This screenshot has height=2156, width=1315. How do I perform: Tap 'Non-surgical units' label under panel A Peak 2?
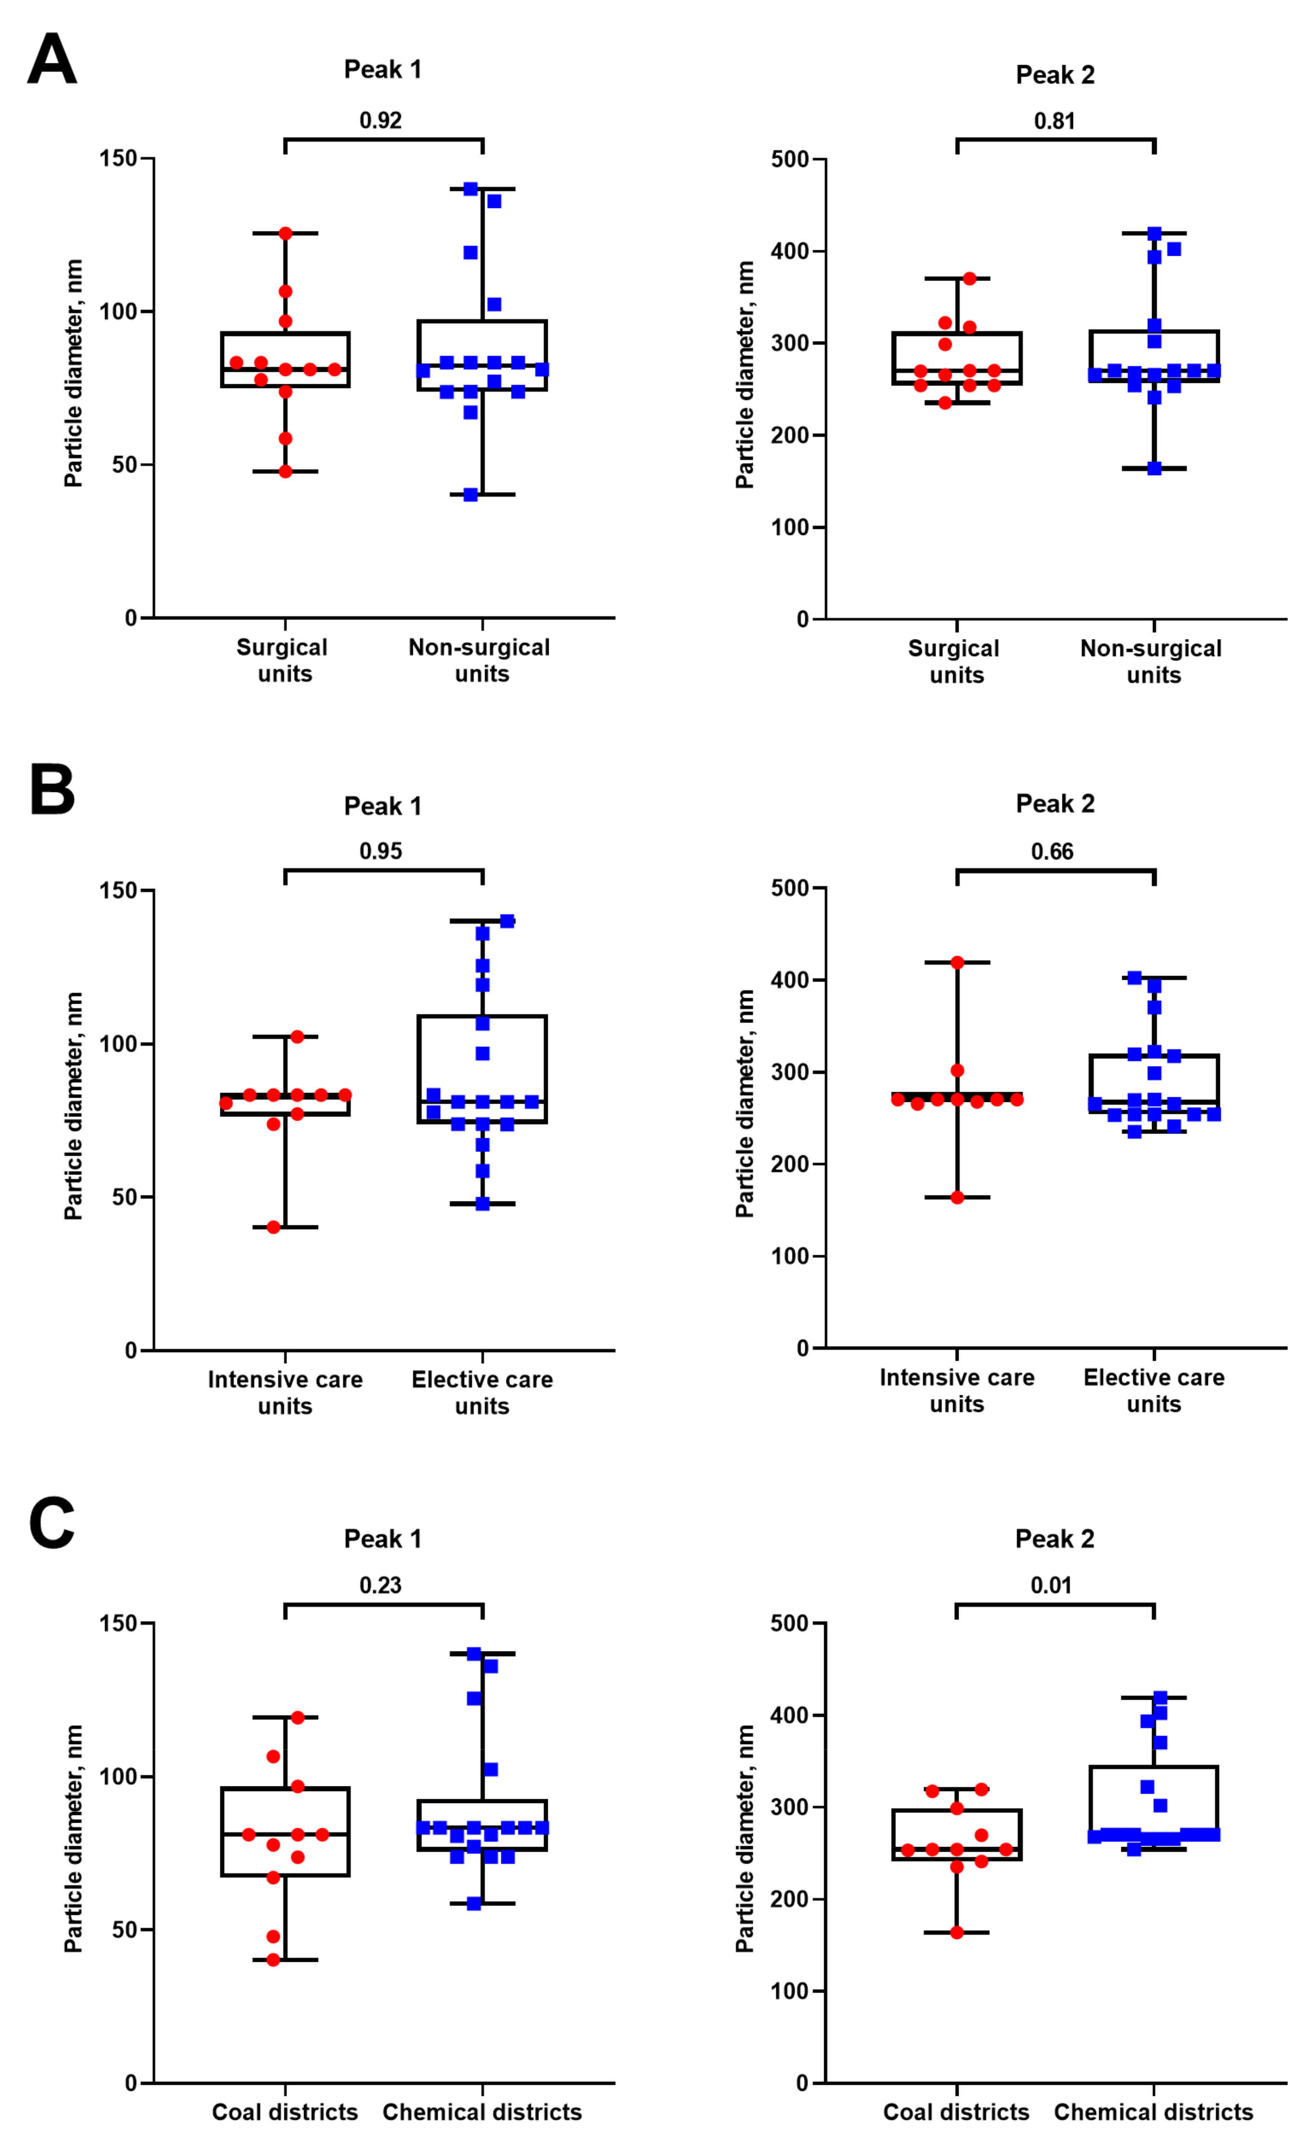[x=1152, y=662]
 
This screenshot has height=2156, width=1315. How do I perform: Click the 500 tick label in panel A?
[x=790, y=159]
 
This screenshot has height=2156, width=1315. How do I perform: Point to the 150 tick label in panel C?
[x=118, y=1623]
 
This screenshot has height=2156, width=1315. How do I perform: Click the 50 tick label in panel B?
[x=125, y=1197]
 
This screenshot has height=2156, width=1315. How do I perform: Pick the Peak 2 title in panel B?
[x=1055, y=803]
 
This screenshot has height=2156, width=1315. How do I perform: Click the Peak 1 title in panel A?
[x=382, y=69]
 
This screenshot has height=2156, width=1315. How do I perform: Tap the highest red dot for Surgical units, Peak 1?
[x=285, y=234]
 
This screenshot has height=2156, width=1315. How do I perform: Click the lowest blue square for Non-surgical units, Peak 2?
[x=1154, y=468]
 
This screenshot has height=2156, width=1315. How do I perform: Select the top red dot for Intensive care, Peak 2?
[x=957, y=962]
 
